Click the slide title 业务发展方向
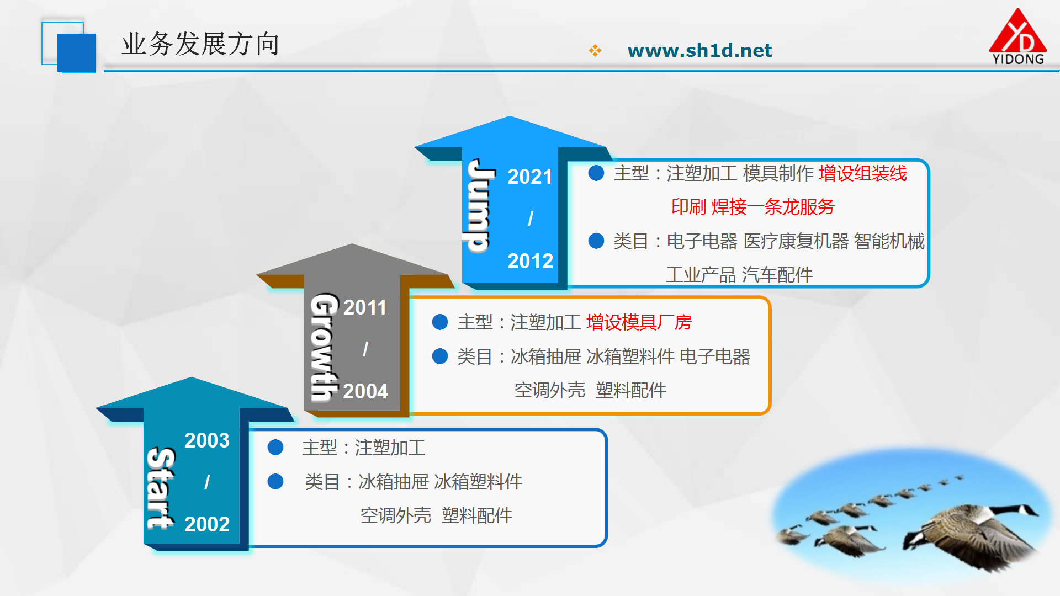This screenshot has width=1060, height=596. (x=200, y=44)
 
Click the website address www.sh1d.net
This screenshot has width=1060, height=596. (x=699, y=51)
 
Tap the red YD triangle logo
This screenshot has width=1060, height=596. (x=1017, y=36)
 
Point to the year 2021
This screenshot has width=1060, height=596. (x=529, y=177)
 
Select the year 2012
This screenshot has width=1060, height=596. (x=530, y=260)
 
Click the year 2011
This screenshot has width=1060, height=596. (x=365, y=307)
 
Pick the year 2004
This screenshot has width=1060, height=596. (x=365, y=391)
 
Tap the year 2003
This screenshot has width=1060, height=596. (x=207, y=440)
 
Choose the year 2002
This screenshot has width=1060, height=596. (x=207, y=524)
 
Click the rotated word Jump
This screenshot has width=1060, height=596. (x=478, y=205)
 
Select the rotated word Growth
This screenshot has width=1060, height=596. (x=324, y=347)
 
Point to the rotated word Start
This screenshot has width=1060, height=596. (x=161, y=488)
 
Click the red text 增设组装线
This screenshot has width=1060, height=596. (x=862, y=173)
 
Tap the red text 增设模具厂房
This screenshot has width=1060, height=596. (x=639, y=322)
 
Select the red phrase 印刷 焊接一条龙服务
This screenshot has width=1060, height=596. (x=753, y=207)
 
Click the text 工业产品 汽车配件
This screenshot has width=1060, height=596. (x=739, y=275)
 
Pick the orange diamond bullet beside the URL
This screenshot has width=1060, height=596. (x=595, y=51)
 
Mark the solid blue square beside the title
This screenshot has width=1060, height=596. (x=77, y=53)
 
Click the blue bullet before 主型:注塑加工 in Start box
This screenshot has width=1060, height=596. (x=275, y=448)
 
